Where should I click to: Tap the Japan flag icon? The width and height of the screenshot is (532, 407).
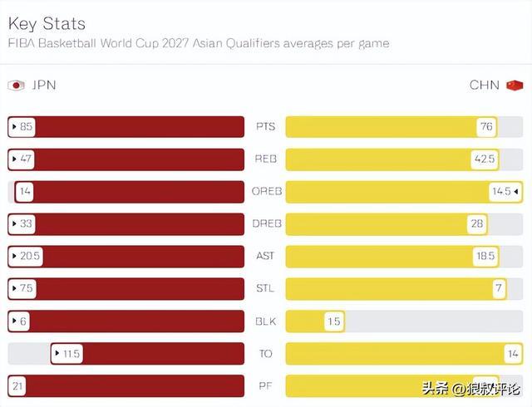[16, 85]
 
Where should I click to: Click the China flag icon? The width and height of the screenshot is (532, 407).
[515, 85]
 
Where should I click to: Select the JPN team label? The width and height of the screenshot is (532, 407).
[42, 85]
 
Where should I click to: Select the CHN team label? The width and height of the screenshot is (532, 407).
[485, 85]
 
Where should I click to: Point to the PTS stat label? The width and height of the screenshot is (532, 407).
[265, 127]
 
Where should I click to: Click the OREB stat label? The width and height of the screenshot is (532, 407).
[266, 191]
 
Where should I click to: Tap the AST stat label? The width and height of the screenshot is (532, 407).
[265, 256]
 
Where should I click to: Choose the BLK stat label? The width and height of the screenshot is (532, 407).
[265, 321]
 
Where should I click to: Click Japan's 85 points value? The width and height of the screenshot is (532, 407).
[25, 127]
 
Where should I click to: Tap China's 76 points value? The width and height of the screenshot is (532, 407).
[486, 127]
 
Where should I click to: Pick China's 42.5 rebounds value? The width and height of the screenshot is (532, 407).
[484, 159]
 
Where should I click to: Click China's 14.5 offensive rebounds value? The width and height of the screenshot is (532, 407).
[501, 191]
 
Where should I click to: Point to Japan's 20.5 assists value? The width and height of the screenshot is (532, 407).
[28, 256]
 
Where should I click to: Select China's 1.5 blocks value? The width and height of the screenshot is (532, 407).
[332, 321]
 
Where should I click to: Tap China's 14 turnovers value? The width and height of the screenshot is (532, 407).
[511, 353]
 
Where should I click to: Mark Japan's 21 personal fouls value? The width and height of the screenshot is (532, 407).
[17, 385]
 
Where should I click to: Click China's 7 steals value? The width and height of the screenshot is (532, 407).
[499, 288]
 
